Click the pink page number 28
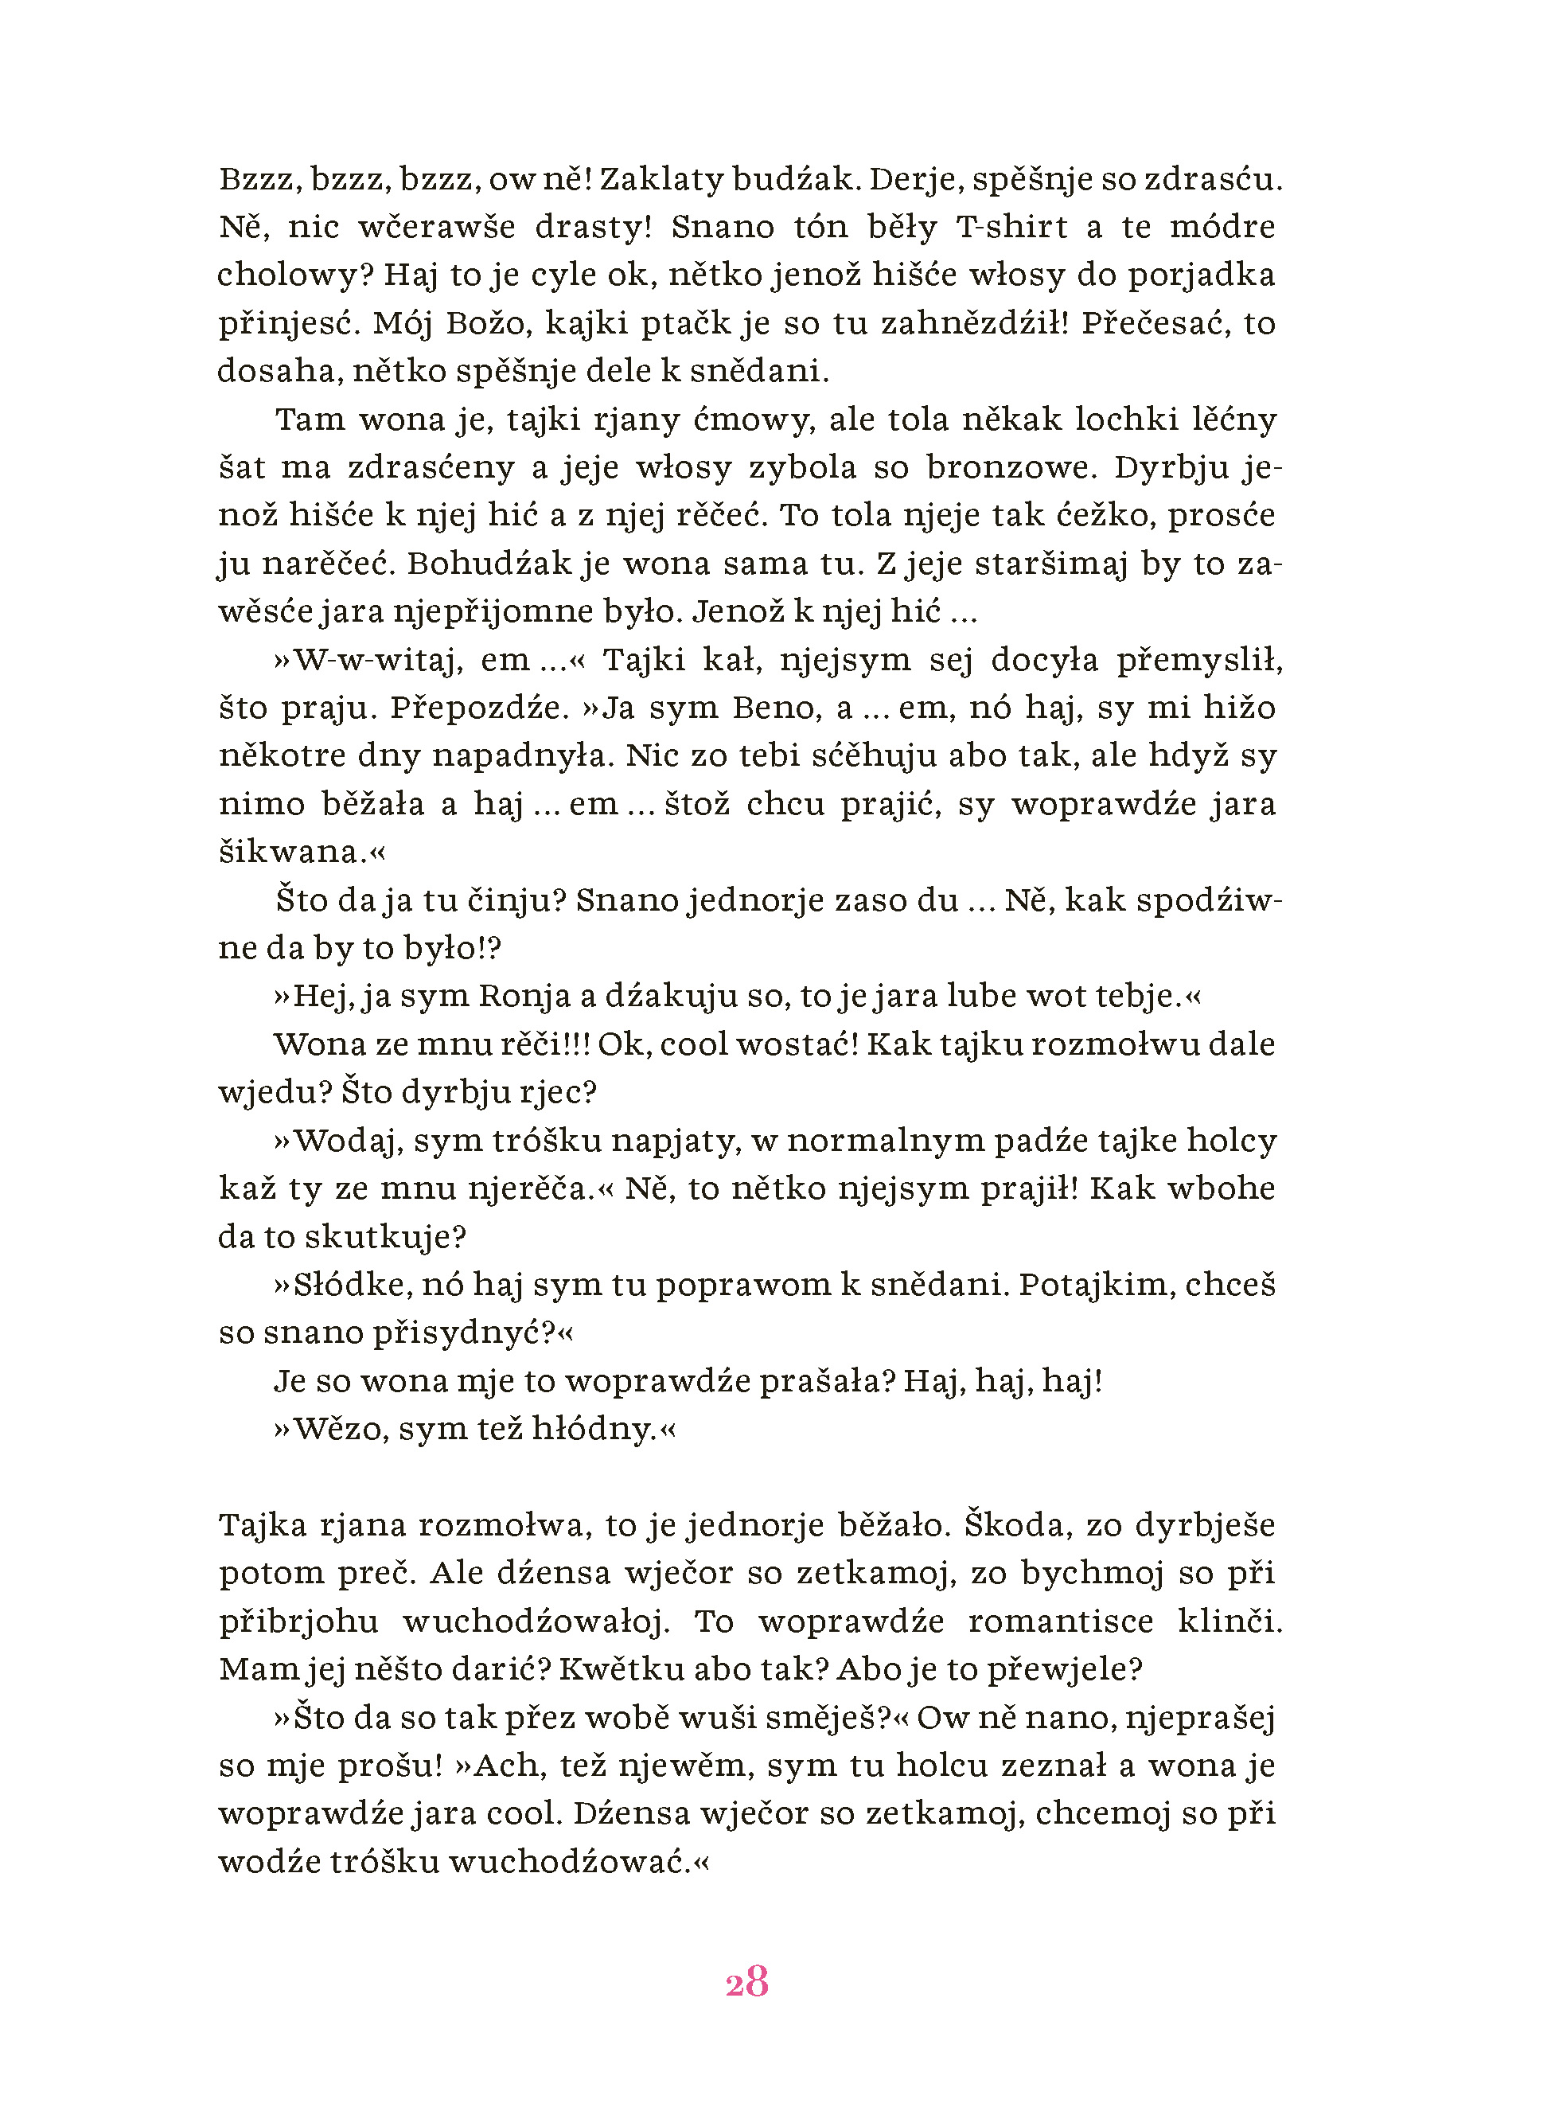tap(747, 1983)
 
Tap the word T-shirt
tap(1011, 228)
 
